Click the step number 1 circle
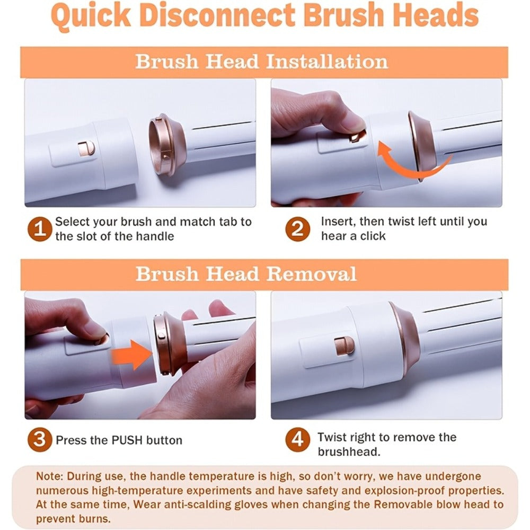[40, 229]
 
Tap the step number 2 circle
[297, 229]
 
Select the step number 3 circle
[40, 440]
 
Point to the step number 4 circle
[297, 440]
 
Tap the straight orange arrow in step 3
[132, 355]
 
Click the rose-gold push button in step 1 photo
[86, 149]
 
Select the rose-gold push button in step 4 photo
[344, 347]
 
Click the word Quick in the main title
[91, 15]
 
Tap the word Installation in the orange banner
[327, 62]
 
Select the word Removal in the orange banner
[311, 274]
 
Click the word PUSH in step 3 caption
[127, 440]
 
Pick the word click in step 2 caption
[373, 236]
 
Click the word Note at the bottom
[49, 476]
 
